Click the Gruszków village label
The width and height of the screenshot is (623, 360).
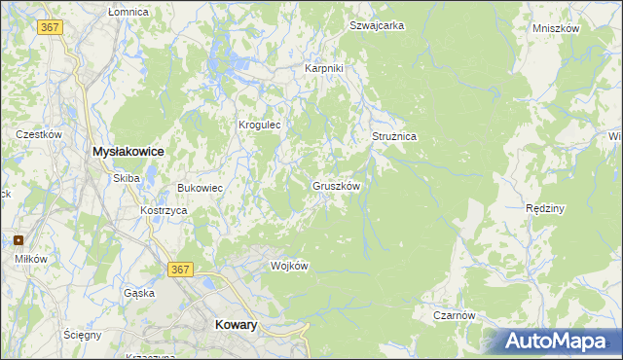(337, 186)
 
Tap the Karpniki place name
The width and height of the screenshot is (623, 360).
(324, 69)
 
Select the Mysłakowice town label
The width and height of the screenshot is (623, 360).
(127, 153)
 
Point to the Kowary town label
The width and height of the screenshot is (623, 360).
(235, 326)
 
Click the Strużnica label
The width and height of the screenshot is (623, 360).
(394, 137)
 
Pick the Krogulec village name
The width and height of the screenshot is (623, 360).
(260, 125)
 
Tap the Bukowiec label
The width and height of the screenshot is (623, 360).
(201, 188)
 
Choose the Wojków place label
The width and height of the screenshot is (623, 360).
(289, 266)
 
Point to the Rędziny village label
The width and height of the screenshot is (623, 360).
(545, 208)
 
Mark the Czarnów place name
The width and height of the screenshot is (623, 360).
(455, 315)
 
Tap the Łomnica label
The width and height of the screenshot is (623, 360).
(128, 12)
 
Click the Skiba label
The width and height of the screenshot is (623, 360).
(127, 178)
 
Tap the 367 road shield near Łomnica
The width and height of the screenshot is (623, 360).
(52, 27)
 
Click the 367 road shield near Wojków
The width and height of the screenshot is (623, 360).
(180, 269)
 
